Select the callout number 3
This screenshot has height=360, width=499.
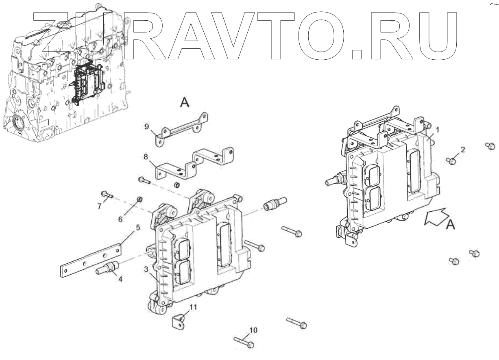[146, 269]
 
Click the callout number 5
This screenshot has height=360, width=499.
[138, 228]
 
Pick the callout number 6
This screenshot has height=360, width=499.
[120, 219]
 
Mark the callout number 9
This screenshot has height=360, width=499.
[146, 126]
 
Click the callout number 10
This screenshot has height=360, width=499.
[253, 330]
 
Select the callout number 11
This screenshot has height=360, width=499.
[194, 307]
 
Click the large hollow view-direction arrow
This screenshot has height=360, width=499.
[435, 217]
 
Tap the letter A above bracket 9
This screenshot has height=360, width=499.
[184, 103]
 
